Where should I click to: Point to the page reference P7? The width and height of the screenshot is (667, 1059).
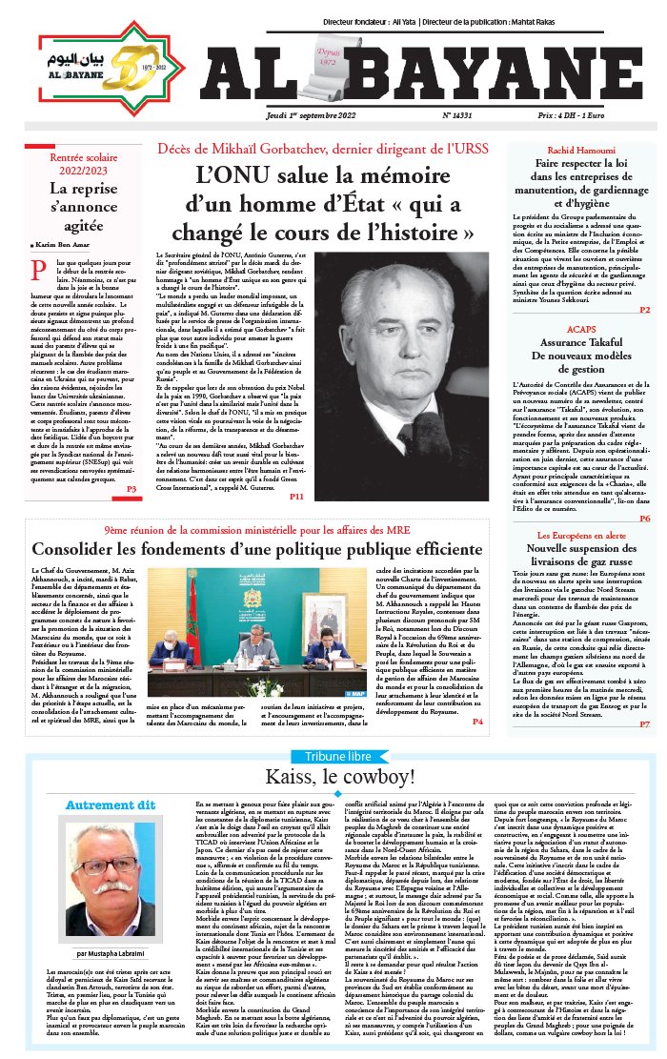click(x=645, y=724)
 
